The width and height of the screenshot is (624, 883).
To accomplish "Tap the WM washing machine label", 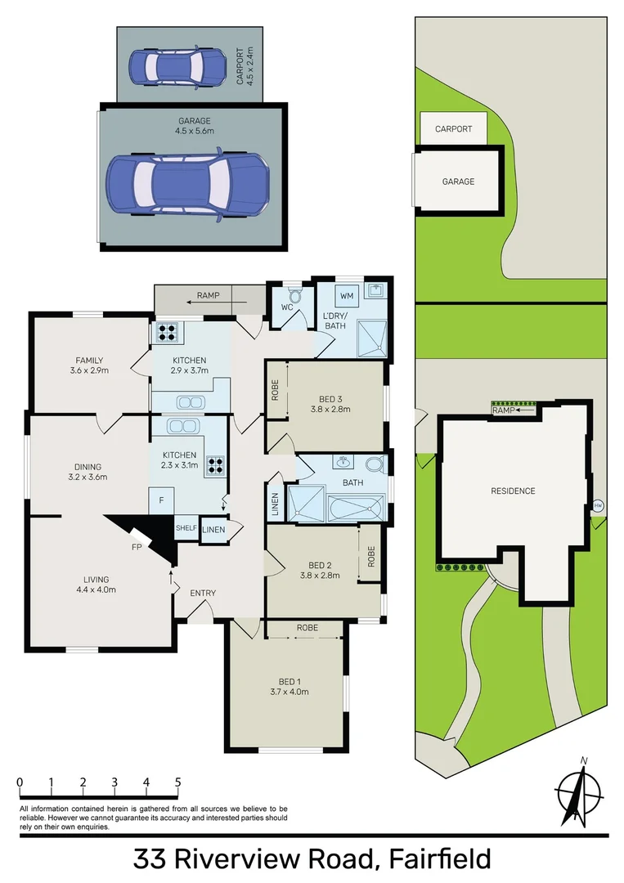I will pos(347,294).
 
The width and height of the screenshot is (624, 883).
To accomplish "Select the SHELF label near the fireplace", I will pos(186,528).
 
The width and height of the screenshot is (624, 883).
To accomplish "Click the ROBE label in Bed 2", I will pos(370,557).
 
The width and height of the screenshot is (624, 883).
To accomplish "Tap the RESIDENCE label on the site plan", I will pos(513,491).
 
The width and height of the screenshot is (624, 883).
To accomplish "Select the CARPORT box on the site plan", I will pos(453,129).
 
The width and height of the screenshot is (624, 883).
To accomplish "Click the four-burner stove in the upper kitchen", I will pos(167,333).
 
